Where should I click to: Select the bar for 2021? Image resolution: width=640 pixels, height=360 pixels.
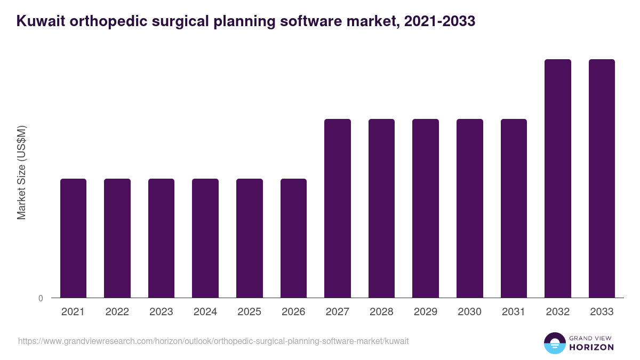click(73, 238)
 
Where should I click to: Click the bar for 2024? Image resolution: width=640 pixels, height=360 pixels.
click(205, 238)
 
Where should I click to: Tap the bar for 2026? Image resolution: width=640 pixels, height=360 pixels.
click(293, 238)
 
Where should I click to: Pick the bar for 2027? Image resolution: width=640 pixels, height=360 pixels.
click(338, 209)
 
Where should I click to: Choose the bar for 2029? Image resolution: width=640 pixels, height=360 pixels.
click(426, 209)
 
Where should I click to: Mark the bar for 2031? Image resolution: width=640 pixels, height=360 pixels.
click(514, 209)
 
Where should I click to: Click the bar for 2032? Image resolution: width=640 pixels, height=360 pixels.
click(558, 179)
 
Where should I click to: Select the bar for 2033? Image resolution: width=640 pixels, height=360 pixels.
click(602, 179)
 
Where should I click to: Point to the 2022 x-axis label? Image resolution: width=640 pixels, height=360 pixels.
click(117, 312)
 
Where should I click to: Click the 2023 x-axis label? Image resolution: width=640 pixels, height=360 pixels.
click(161, 312)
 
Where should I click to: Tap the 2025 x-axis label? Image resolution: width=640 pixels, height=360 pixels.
click(250, 312)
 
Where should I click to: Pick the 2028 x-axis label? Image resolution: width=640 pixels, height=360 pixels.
click(381, 312)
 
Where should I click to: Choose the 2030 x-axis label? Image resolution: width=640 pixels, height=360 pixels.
click(470, 312)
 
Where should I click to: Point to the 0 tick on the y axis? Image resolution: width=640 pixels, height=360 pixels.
click(41, 299)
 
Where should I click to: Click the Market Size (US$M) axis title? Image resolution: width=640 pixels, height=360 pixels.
click(21, 172)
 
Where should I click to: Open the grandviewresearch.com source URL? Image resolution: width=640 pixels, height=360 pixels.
click(213, 341)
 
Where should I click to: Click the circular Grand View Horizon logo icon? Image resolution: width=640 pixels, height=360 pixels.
click(555, 343)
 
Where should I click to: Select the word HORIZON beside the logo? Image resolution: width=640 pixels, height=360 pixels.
click(591, 347)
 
